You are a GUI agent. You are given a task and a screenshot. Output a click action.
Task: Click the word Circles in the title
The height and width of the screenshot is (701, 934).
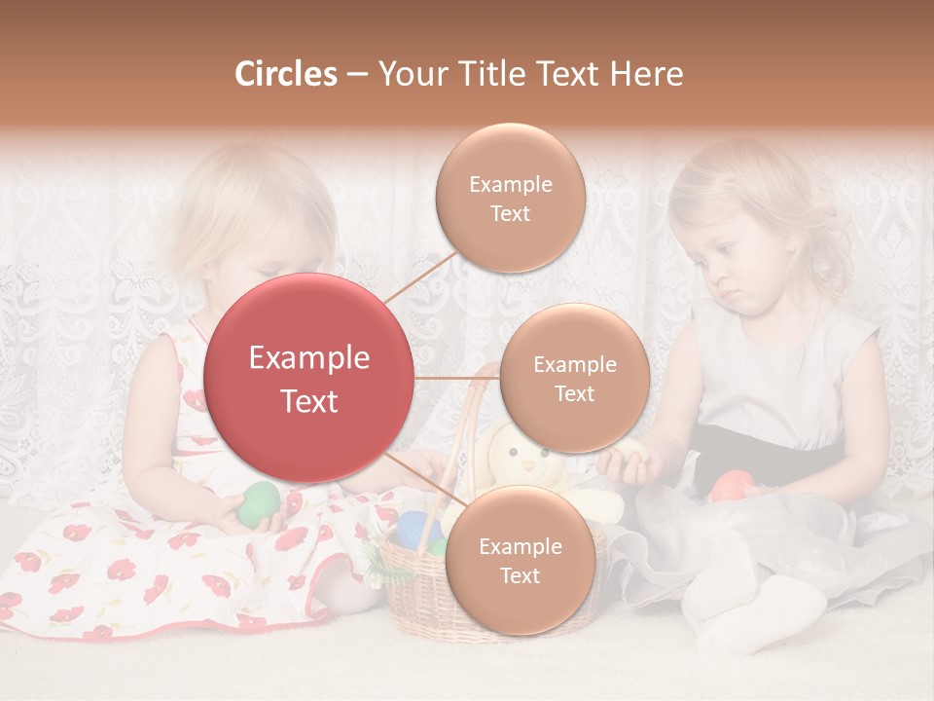(285, 74)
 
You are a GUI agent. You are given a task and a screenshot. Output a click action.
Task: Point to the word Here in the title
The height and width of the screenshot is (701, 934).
(646, 74)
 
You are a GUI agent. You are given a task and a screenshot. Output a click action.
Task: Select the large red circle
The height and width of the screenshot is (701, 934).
(308, 378)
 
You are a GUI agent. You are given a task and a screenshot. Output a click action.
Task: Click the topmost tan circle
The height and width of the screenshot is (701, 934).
(510, 198)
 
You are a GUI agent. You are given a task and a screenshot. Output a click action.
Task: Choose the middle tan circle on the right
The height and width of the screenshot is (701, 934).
(574, 378)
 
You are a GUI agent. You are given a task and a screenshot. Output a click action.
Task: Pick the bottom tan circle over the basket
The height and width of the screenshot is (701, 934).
(520, 560)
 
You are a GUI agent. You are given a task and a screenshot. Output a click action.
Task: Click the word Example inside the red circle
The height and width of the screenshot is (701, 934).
(308, 358)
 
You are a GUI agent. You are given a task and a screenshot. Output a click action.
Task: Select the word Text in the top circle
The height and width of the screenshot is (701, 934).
(510, 213)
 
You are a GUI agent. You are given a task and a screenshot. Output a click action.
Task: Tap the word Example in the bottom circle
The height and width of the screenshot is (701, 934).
(520, 546)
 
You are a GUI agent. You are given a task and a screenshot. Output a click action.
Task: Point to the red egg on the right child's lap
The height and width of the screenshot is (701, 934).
(733, 484)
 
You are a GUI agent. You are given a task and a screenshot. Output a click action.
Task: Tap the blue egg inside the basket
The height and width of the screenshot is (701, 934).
(416, 531)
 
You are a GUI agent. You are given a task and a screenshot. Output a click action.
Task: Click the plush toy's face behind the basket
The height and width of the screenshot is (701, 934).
(520, 459)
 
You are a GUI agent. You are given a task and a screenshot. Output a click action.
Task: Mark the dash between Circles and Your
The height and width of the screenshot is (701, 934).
(357, 75)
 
